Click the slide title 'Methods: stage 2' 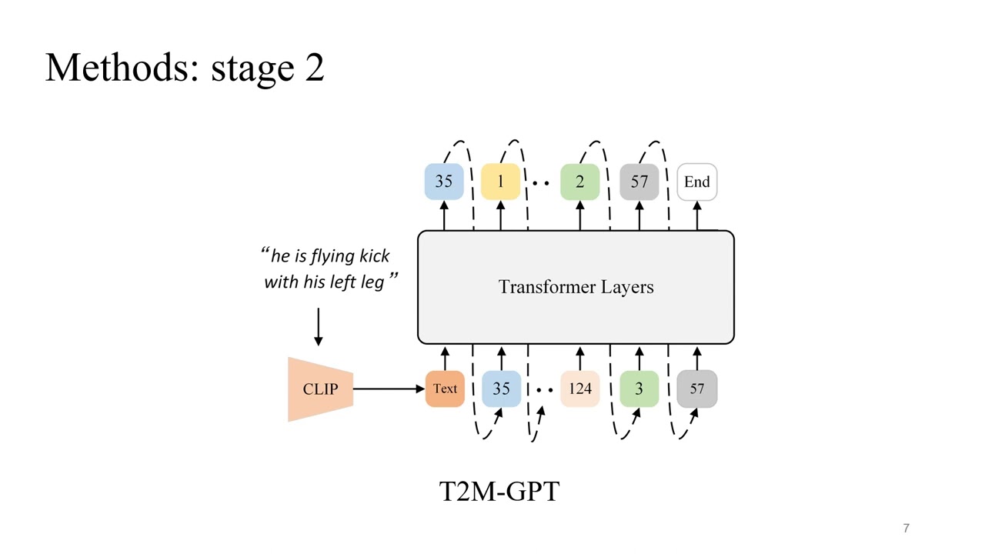(185, 68)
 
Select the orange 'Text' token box (445, 389)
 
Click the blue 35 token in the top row (444, 182)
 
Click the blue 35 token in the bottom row (501, 389)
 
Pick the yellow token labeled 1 (500, 182)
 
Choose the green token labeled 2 (579, 182)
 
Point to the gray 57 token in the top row (639, 182)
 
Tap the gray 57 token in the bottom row (696, 389)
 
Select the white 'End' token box (696, 182)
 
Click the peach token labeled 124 (579, 389)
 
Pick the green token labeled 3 (639, 389)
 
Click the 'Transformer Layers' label (576, 287)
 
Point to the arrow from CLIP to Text (389, 389)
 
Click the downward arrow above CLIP (318, 327)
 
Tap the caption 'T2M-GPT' (499, 491)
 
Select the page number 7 (906, 528)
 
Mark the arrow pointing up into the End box (696, 215)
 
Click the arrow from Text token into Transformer (444, 358)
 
